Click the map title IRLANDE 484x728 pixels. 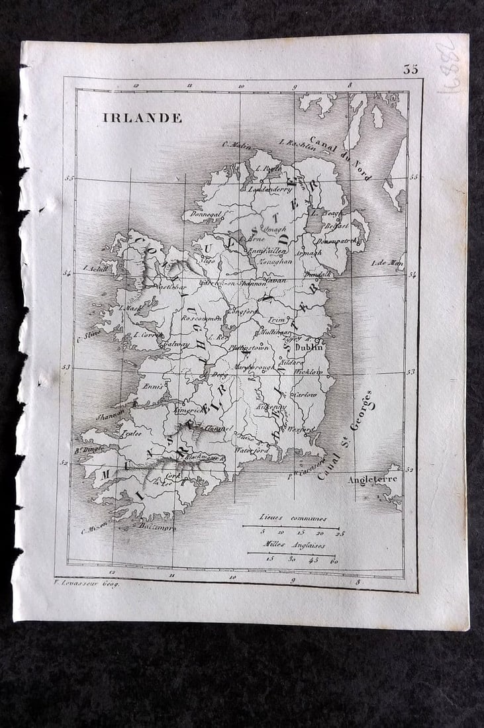pyautogui.click(x=142, y=118)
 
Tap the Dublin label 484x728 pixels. pyautogui.click(x=309, y=346)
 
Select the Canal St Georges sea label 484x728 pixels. pyautogui.click(x=345, y=434)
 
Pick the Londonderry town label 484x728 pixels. pyautogui.click(x=269, y=189)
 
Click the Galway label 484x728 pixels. pyautogui.click(x=175, y=344)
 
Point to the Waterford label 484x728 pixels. pyautogui.click(x=252, y=449)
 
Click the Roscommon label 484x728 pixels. pyautogui.click(x=201, y=318)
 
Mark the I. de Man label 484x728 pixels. pyautogui.click(x=388, y=263)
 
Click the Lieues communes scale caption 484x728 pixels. pyautogui.click(x=291, y=520)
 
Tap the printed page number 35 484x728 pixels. pyautogui.click(x=411, y=69)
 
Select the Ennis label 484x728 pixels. pyautogui.click(x=152, y=385)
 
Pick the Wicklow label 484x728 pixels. pyautogui.click(x=308, y=372)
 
